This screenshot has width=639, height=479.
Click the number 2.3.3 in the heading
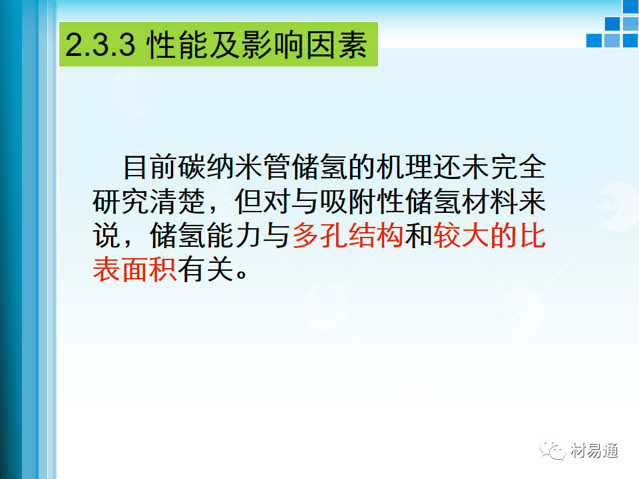[x=101, y=45]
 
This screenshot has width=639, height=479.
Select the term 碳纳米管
[x=234, y=167]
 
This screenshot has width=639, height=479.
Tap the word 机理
[x=404, y=167]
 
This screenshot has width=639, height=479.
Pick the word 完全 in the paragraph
[x=518, y=167]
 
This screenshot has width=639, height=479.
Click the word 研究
[x=120, y=201]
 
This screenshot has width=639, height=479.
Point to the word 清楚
[x=177, y=201]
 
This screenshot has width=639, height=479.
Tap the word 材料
[x=489, y=201]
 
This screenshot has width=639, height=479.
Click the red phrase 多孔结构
[x=347, y=236]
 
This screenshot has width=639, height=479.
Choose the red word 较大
[x=461, y=236]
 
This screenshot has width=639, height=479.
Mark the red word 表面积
[x=134, y=269]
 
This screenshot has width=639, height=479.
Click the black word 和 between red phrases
[x=419, y=236]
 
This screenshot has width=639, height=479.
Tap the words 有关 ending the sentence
[x=206, y=269]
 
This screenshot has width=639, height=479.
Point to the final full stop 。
[x=241, y=273]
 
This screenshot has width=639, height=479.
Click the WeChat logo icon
[x=552, y=450]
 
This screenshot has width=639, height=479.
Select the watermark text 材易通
[x=594, y=450]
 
